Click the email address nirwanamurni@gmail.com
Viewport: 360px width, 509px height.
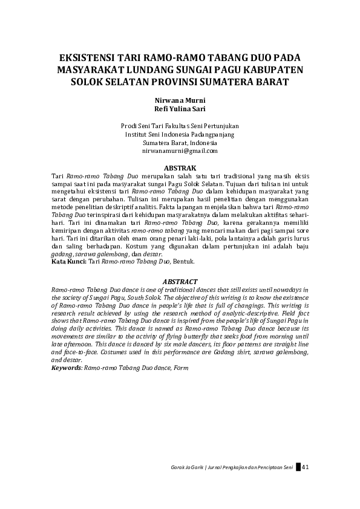point(180,151)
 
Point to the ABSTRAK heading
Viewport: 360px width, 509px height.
point(180,167)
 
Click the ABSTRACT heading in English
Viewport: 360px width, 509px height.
point(180,282)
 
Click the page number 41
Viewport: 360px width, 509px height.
point(306,467)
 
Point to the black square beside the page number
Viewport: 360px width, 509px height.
point(298,467)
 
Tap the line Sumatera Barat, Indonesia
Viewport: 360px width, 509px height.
point(180,143)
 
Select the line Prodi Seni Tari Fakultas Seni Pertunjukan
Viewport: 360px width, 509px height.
point(180,126)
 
